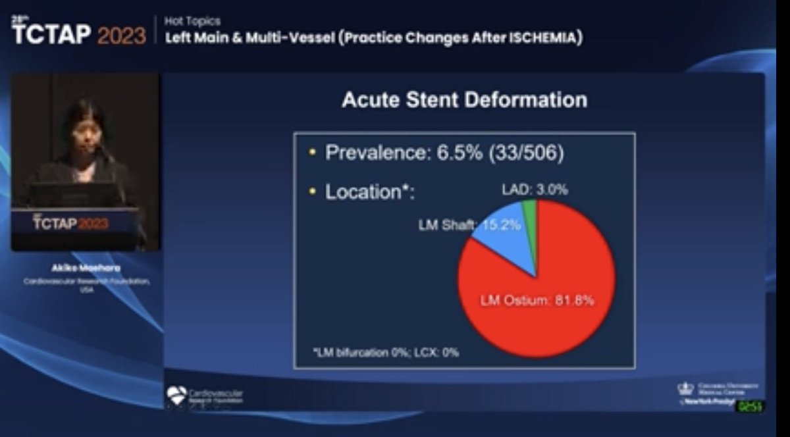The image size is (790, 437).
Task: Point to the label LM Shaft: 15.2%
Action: tap(470, 224)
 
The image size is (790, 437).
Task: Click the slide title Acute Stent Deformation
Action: tap(464, 100)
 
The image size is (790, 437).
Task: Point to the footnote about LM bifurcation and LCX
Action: tap(386, 352)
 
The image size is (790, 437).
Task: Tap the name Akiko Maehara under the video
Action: tap(84, 269)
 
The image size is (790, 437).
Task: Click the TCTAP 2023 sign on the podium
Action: tap(70, 223)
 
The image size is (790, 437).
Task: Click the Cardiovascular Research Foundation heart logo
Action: tap(176, 396)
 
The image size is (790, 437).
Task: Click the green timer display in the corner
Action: tap(750, 407)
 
